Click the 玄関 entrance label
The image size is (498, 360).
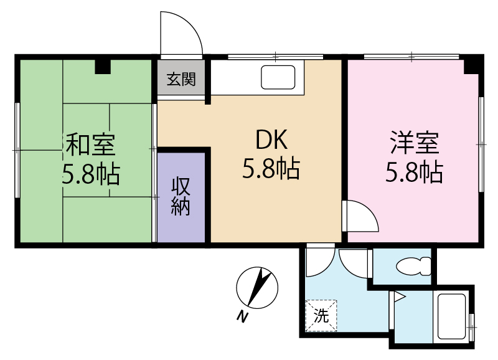coord(181,79)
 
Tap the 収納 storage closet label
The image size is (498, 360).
coord(181,196)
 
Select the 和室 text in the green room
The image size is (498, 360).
coord(90,145)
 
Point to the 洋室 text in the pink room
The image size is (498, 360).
coord(415,143)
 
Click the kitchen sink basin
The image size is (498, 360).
coord(278,78)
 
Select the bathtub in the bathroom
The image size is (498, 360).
coord(451,316)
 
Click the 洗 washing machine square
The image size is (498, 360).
coord(321,315)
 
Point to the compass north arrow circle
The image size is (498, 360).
coord(256,288)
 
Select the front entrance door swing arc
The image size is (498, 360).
coord(181,34)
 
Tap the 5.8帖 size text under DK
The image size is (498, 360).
coord(271,169)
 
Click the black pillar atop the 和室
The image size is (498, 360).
coord(103,66)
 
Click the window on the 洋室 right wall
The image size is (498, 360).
coord(481,144)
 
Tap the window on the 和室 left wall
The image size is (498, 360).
coord(17,150)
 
